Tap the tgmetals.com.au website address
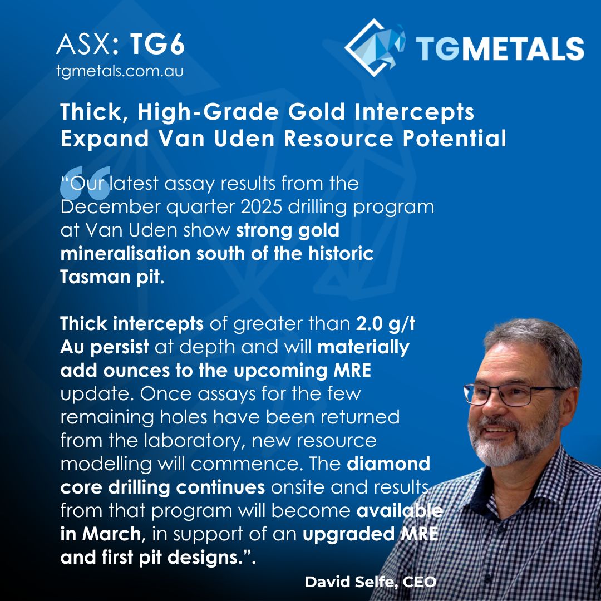pos(120,72)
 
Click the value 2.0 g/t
pos(385,324)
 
